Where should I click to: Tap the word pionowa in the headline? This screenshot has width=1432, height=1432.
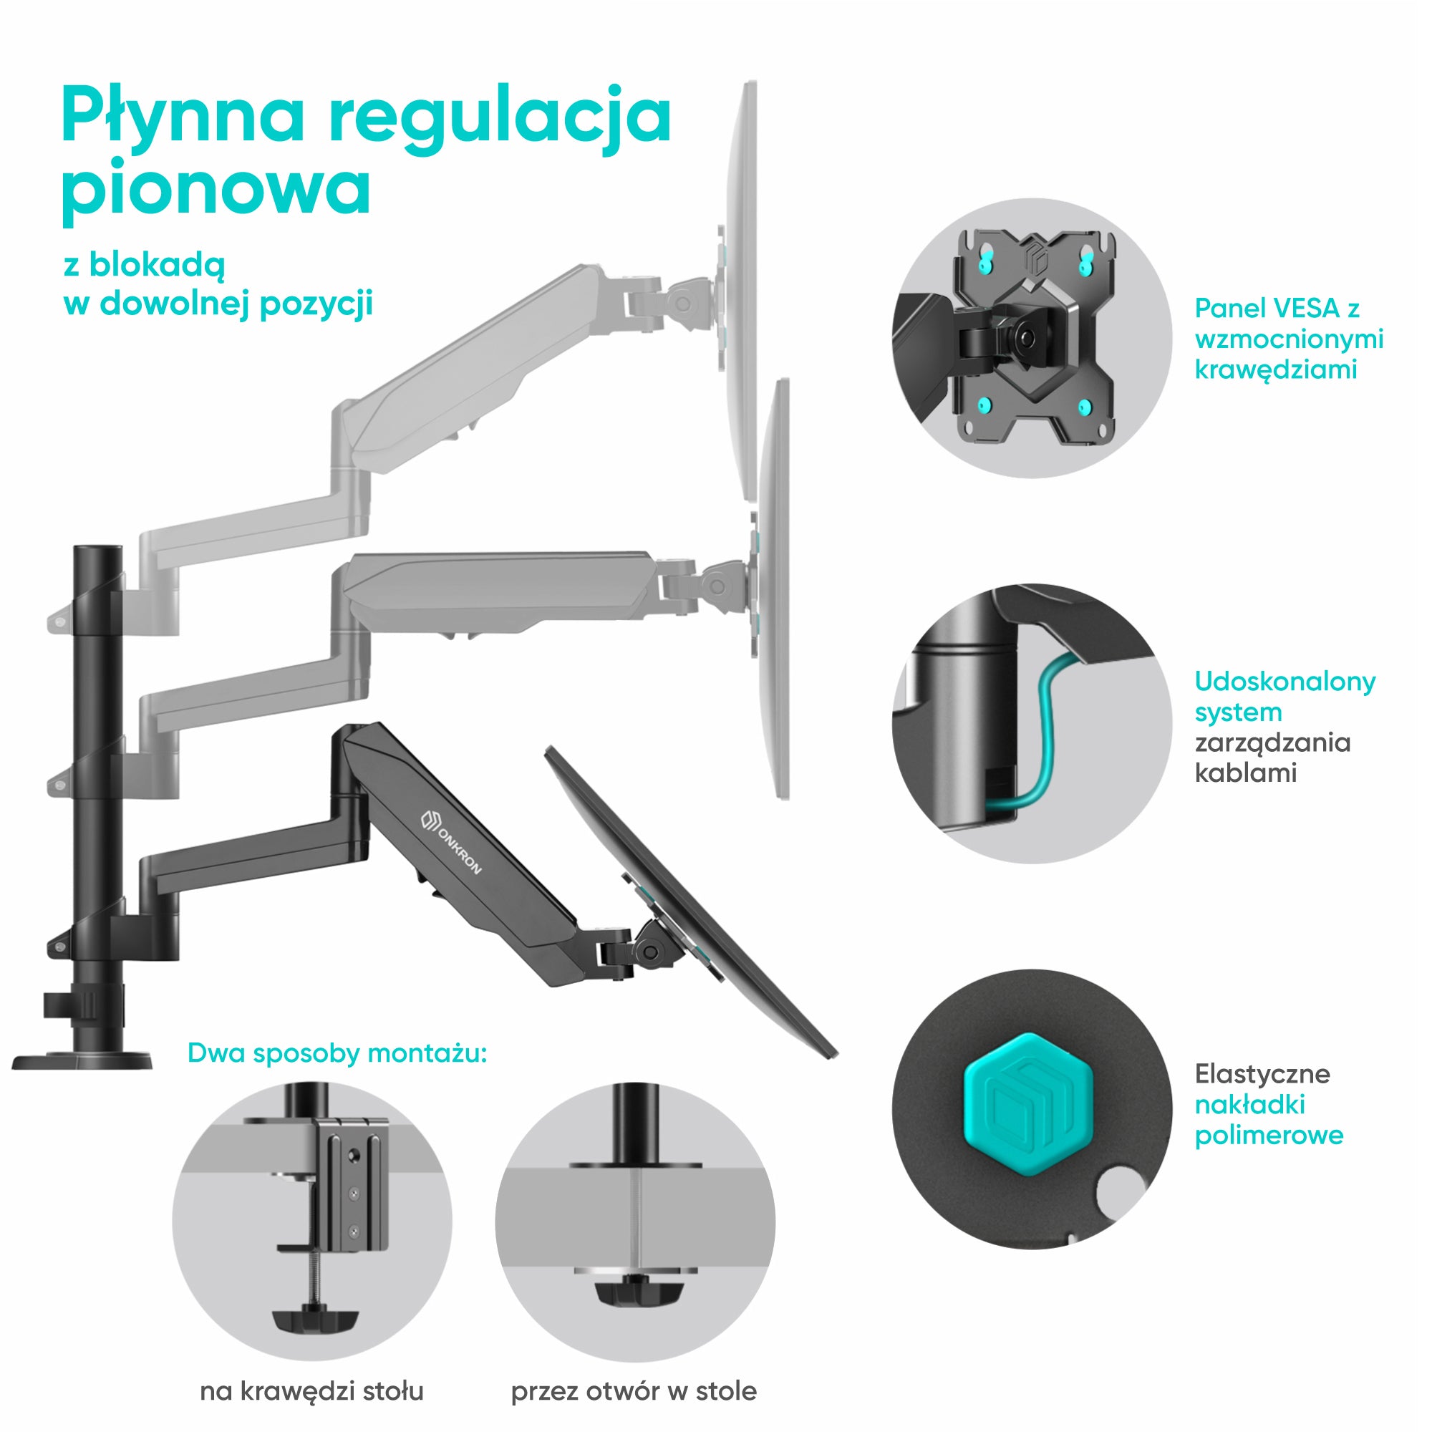tap(216, 188)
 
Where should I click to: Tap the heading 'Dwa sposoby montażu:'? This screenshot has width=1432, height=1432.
tap(337, 1053)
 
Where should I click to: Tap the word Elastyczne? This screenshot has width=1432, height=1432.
tap(1262, 1074)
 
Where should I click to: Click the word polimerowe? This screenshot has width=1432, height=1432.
tap(1269, 1136)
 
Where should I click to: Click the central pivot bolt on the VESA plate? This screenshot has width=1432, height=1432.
tap(1027, 337)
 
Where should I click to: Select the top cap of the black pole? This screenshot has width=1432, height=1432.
tap(97, 549)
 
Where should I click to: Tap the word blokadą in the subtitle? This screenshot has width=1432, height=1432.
tap(156, 266)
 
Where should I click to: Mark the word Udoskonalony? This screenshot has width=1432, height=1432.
tap(1285, 681)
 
